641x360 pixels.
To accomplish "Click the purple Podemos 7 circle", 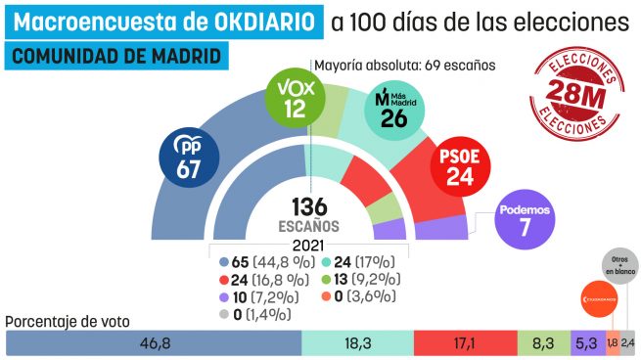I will coord(527,221).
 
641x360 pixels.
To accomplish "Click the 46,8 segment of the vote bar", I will coord(154,343).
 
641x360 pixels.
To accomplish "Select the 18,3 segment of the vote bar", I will coord(357,343).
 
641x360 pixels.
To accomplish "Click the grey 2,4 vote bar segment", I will coord(627,343).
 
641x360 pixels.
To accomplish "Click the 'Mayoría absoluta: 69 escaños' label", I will coord(404,66).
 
